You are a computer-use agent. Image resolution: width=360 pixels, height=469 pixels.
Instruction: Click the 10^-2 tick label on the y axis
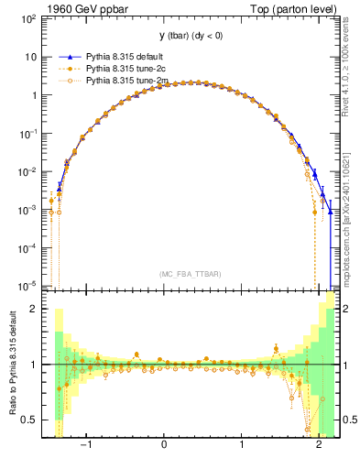[x=26, y=171]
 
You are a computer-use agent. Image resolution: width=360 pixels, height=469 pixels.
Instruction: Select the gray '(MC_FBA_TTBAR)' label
[x=190, y=274]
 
